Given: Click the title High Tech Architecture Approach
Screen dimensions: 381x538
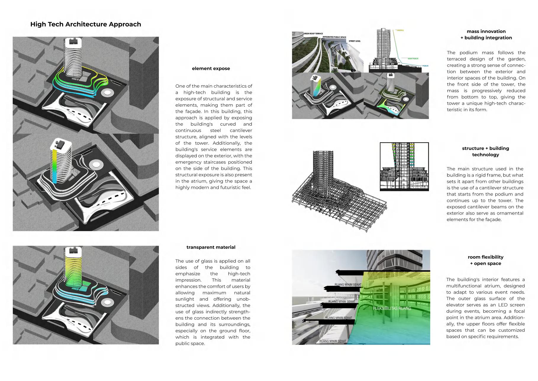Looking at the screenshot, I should click(x=86, y=24).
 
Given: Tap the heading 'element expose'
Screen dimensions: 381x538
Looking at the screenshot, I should click(x=211, y=68).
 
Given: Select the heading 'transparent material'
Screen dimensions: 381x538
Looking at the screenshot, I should click(x=211, y=247).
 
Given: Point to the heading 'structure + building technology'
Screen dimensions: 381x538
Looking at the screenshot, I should click(x=485, y=151).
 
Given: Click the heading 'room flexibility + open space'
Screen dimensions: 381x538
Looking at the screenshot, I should click(x=485, y=260).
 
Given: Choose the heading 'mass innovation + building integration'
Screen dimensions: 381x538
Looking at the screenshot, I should click(x=486, y=34).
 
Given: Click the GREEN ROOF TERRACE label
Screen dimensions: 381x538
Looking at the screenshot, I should click(x=313, y=34).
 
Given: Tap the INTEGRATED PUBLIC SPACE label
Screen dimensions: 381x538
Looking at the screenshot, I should click(x=334, y=37).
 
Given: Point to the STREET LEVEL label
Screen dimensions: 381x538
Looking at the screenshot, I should click(x=355, y=41).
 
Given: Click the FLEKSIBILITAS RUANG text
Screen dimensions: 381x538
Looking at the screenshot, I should click(x=392, y=308).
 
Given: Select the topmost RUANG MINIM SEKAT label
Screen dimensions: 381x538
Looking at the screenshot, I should click(x=348, y=285).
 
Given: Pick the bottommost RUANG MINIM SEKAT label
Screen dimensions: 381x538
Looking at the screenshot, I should click(x=333, y=341).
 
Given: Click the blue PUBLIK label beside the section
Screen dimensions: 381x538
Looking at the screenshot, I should click(x=425, y=66).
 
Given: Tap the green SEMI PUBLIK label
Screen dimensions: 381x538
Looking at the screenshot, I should click(x=413, y=59).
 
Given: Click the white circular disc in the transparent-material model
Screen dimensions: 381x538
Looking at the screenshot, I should click(x=107, y=302).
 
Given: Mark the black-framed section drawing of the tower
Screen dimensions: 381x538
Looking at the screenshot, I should click(x=404, y=167).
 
